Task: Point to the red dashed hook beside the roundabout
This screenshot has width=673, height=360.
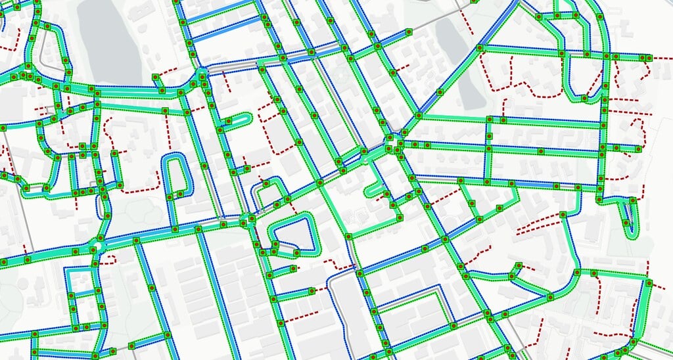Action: click(x=108, y=259)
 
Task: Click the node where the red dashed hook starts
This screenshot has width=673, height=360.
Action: click(x=96, y=263)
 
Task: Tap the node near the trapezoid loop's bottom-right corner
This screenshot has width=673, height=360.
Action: click(x=296, y=252)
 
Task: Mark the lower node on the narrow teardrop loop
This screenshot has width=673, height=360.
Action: click(x=626, y=224)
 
